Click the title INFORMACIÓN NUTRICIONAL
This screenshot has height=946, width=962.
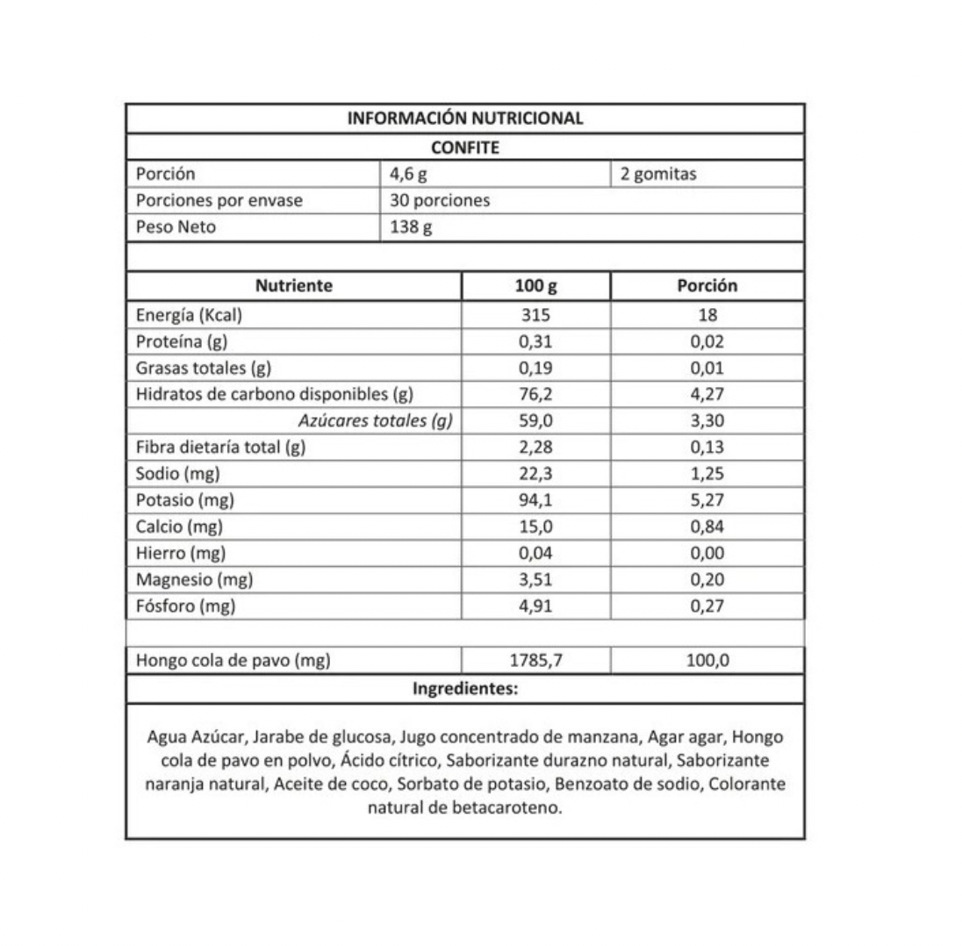click(x=465, y=118)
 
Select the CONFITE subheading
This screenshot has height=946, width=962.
click(x=465, y=147)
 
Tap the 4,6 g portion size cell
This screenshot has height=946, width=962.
click(x=408, y=174)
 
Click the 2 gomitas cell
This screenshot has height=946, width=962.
click(x=657, y=174)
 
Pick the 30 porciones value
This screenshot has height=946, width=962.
click(x=440, y=200)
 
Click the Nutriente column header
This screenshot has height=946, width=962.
click(x=293, y=285)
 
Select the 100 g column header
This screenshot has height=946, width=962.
click(x=535, y=285)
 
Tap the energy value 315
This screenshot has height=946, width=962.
click(x=535, y=315)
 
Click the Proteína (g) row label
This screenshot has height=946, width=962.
click(x=183, y=341)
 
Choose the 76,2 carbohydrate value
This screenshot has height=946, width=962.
click(x=535, y=394)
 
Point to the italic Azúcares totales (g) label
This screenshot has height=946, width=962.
click(x=375, y=420)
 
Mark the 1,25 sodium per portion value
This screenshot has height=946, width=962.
click(x=707, y=474)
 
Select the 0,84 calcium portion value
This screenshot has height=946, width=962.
click(x=707, y=527)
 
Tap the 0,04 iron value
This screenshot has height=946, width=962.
click(x=535, y=553)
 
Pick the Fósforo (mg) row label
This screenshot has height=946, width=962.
click(x=185, y=606)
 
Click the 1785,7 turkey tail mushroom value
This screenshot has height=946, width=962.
click(x=535, y=661)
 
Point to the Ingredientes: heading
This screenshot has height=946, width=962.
click(x=465, y=689)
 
